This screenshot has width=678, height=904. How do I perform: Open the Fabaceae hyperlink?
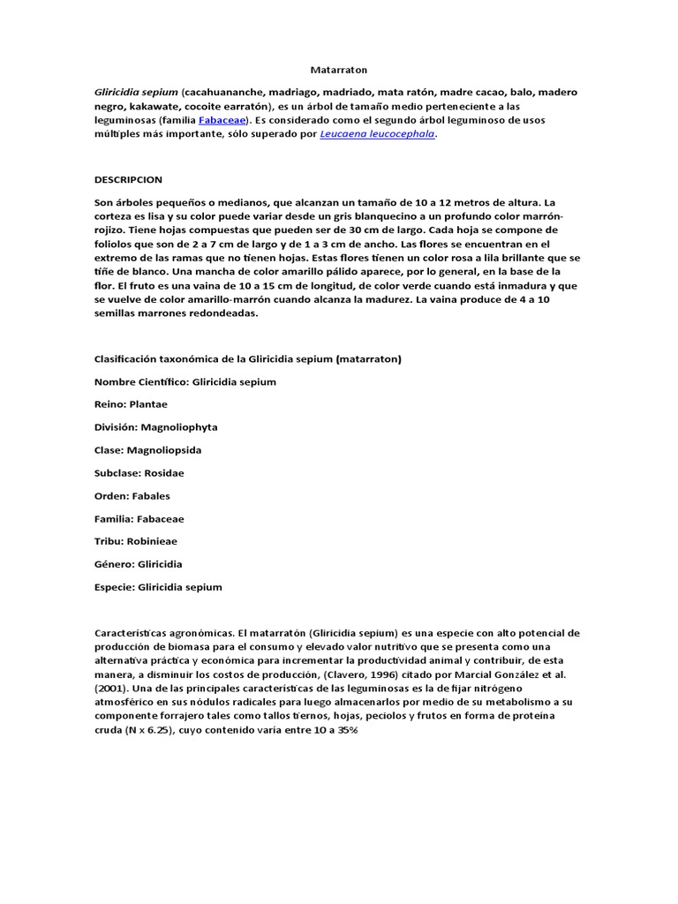(x=222, y=120)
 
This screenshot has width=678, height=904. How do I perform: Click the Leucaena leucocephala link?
(x=377, y=135)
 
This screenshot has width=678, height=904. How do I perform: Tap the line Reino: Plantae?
(x=131, y=404)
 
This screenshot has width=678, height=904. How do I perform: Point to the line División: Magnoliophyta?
(x=155, y=427)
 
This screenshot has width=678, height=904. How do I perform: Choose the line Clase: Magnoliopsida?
(x=147, y=450)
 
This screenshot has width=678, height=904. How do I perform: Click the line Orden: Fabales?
(x=132, y=495)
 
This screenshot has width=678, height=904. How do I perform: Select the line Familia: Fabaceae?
(x=139, y=518)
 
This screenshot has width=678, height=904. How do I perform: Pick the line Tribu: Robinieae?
(x=136, y=541)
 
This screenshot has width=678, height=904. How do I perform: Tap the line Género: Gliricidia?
(x=138, y=564)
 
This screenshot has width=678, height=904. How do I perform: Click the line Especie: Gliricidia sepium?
(x=158, y=587)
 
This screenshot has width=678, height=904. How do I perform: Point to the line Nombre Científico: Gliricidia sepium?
(x=185, y=382)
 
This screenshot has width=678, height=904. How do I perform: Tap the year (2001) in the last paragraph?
(x=111, y=689)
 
